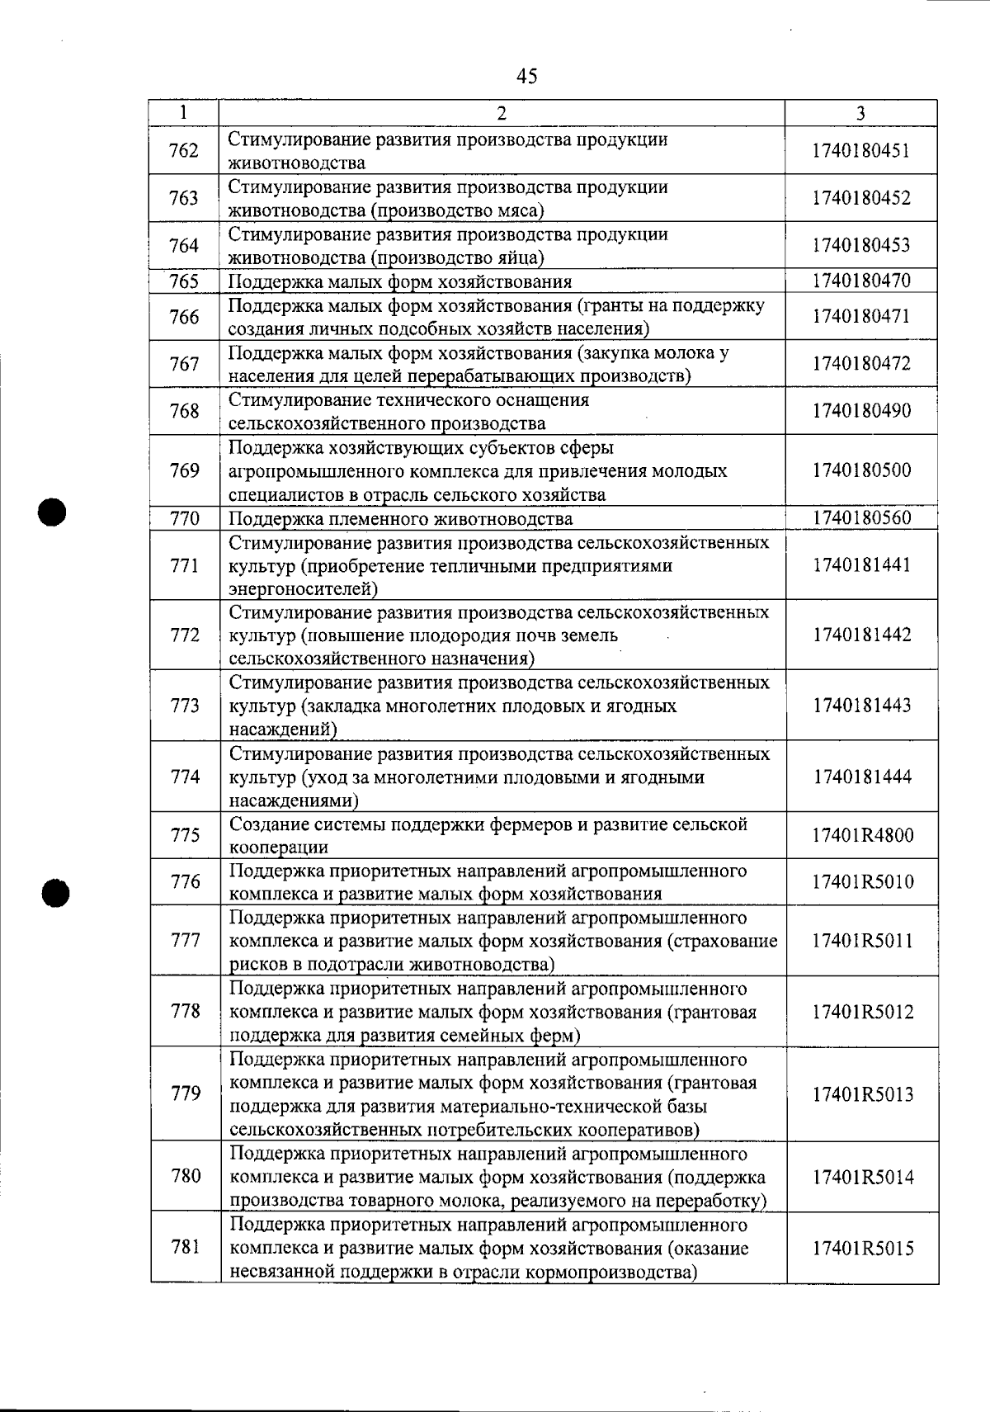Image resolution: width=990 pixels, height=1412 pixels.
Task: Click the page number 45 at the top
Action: click(526, 77)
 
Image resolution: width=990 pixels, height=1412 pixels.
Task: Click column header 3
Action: click(860, 114)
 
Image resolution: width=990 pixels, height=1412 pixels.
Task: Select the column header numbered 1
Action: click(183, 112)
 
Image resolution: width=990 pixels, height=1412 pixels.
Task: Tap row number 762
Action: click(183, 150)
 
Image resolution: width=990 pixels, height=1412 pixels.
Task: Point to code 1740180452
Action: click(861, 198)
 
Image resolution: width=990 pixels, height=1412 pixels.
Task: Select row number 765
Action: click(183, 281)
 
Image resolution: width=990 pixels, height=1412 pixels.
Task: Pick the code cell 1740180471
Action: click(861, 317)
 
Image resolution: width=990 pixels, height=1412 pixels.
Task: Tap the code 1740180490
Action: click(861, 411)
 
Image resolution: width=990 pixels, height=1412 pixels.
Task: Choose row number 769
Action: click(183, 470)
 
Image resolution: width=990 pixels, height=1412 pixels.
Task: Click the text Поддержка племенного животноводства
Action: click(400, 519)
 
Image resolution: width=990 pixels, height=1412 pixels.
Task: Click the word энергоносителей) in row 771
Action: click(303, 589)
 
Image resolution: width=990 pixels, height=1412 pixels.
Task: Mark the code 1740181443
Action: click(861, 706)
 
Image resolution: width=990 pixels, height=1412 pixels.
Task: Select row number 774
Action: click(183, 777)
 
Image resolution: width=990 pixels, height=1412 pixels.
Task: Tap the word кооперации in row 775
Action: click(278, 848)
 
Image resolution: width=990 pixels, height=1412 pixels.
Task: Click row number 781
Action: click(185, 1247)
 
